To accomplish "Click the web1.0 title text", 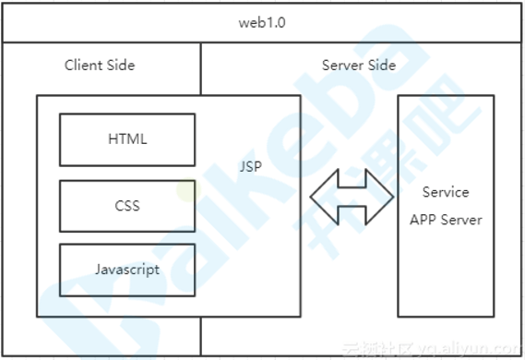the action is (x=262, y=23).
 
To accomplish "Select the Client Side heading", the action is (x=100, y=65).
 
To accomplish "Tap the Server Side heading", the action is (x=359, y=65).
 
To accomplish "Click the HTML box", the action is (x=127, y=139).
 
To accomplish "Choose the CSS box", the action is (x=127, y=206).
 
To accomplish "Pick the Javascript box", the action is (x=127, y=270).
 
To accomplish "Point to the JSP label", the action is (x=250, y=166).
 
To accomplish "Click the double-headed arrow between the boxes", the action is (x=352, y=197).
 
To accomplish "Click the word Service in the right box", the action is (x=446, y=192).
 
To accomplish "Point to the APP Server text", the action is (x=446, y=220).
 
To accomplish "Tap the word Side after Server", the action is (x=382, y=65).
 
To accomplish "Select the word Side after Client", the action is (x=121, y=65).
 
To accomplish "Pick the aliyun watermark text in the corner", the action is (x=433, y=349).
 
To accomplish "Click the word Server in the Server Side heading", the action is (x=342, y=65).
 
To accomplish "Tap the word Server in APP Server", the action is (x=461, y=220).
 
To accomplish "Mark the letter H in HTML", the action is (x=113, y=139).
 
